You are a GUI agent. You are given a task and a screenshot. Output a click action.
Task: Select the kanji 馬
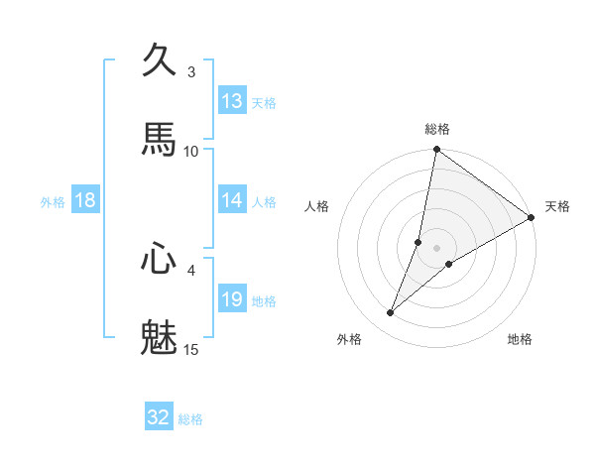[x=160, y=138]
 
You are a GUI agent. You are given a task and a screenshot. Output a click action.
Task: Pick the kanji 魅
[x=160, y=336]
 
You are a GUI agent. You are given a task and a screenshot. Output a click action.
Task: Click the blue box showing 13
[x=232, y=101]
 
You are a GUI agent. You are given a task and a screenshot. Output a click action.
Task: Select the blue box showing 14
[x=232, y=200]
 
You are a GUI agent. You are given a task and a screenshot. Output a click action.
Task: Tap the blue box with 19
[x=232, y=299]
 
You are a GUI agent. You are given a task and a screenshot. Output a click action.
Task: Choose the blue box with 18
[x=85, y=200]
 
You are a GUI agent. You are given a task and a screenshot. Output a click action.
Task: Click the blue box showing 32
[x=159, y=417]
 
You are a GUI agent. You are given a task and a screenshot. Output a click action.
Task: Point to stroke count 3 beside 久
[x=191, y=71]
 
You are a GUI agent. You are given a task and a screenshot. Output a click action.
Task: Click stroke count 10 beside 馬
[x=191, y=151]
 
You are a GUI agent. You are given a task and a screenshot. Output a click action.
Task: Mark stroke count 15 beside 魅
[x=191, y=349]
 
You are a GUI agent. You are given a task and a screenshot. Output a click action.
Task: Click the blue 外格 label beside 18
[x=53, y=202]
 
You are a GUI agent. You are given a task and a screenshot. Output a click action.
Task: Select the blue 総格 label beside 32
[x=190, y=419]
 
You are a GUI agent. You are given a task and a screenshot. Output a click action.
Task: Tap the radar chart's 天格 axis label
[x=558, y=206]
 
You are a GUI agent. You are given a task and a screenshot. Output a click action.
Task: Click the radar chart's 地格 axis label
[x=520, y=339]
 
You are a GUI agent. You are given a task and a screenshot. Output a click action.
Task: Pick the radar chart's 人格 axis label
[x=316, y=206]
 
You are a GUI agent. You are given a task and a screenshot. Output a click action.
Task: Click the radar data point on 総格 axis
[x=436, y=151]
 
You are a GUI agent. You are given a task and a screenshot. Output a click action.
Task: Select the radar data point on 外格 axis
[x=391, y=313]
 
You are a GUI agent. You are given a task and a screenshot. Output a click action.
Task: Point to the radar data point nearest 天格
[x=532, y=217]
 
